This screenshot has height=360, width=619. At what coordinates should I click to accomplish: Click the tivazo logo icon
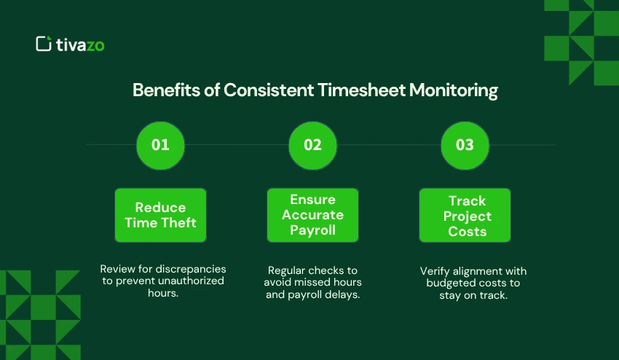point(44,44)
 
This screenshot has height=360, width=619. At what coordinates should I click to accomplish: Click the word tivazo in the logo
point(80,44)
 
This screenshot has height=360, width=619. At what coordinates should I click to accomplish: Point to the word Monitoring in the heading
point(453,90)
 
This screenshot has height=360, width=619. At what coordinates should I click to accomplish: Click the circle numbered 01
point(160,144)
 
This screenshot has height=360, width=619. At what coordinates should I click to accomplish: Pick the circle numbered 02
point(312,144)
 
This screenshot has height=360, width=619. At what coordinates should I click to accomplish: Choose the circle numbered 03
point(465,144)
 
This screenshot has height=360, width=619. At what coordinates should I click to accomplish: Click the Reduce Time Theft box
point(160,215)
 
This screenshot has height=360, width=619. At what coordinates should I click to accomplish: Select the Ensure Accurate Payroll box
point(312,215)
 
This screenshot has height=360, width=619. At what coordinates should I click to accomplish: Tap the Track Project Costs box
point(465,215)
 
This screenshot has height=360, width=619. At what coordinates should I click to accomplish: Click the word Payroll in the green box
point(312,231)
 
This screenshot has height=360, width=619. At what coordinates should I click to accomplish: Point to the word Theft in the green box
point(179,223)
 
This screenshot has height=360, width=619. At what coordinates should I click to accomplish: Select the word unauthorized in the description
point(192,281)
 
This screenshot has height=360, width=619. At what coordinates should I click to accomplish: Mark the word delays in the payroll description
point(344,294)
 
